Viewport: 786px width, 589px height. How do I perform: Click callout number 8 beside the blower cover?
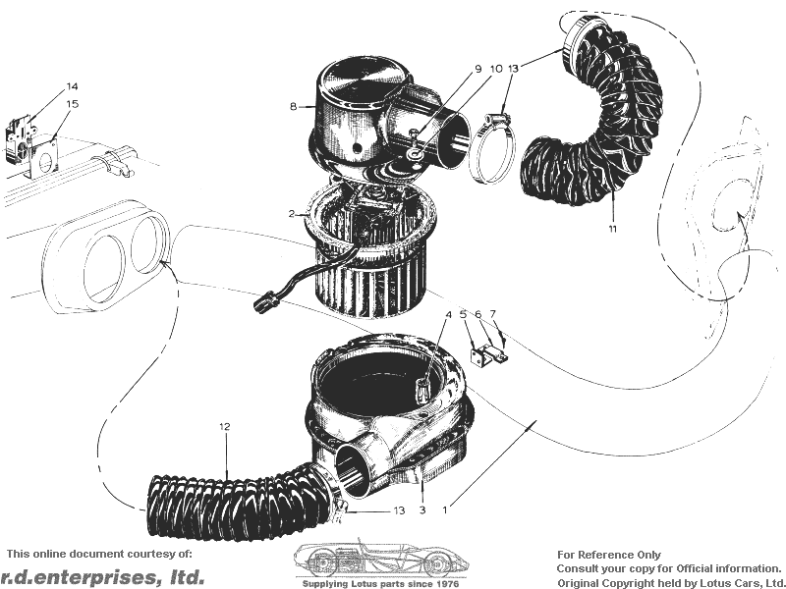[293, 107]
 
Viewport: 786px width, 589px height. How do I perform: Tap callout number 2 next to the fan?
[292, 214]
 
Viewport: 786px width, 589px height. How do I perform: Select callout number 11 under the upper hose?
[612, 229]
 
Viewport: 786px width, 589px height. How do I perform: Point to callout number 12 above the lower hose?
[225, 427]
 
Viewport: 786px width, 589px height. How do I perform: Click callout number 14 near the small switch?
[72, 86]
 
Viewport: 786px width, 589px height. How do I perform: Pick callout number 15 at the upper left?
[72, 104]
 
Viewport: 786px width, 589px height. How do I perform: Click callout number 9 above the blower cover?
[477, 69]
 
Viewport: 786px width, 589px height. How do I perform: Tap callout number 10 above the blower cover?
[496, 69]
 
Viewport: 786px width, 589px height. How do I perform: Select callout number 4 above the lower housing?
[449, 314]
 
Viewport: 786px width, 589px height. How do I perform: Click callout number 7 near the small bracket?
[493, 314]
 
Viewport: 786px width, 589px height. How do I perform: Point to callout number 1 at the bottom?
[445, 510]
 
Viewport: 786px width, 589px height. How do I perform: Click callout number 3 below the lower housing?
[422, 510]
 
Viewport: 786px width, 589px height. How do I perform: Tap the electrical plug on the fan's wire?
[265, 302]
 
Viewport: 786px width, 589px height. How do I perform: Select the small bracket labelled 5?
[479, 355]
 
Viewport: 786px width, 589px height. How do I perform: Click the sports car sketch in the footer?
[381, 559]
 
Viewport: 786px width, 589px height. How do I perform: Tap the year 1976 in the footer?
[448, 584]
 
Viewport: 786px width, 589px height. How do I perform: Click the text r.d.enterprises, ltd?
[103, 576]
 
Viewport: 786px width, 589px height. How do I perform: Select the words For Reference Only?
[609, 555]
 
